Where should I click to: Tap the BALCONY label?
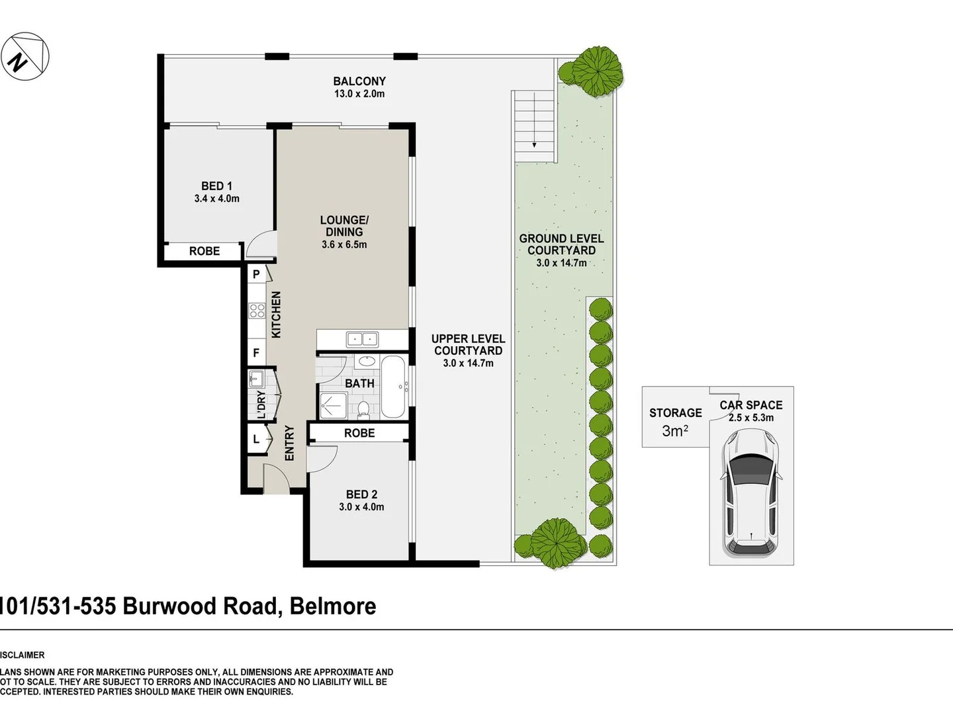point(359,81)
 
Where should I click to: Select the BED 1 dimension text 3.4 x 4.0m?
point(216,199)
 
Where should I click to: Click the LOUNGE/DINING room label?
point(343,226)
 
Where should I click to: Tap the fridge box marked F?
point(256,353)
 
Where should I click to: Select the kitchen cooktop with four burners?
point(256,310)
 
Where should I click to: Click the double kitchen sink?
point(361,339)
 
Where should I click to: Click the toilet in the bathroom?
point(363,409)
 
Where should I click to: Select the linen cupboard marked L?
point(256,439)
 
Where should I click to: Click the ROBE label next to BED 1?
point(204,252)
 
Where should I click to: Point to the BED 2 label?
point(361,495)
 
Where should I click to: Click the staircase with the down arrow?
point(534,126)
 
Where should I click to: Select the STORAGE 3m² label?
point(675,422)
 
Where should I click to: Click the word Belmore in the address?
point(333,606)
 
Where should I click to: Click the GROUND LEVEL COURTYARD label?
point(561,244)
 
